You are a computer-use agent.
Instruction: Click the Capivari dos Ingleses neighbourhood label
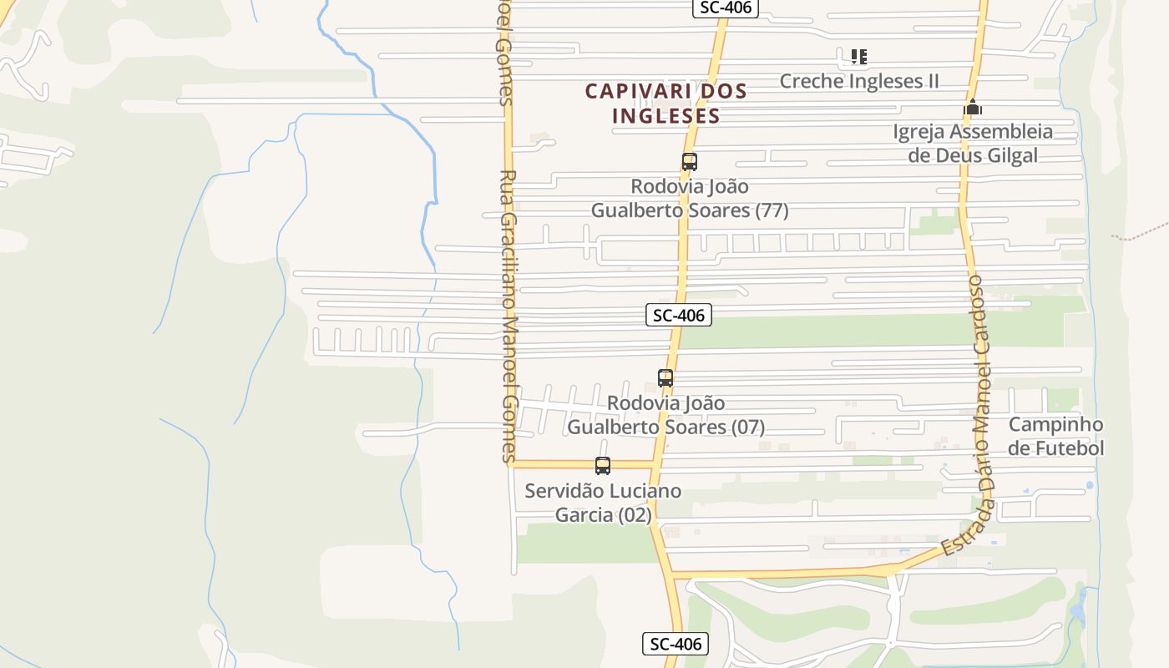click(x=665, y=103)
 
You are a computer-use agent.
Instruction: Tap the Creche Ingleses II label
click(x=859, y=81)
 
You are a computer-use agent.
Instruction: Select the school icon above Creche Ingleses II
click(x=858, y=57)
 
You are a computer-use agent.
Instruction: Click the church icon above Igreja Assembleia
click(x=972, y=108)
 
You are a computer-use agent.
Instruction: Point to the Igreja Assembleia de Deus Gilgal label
click(x=973, y=144)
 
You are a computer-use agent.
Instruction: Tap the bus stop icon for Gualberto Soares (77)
click(x=689, y=162)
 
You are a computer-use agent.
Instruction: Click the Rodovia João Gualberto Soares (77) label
click(x=690, y=198)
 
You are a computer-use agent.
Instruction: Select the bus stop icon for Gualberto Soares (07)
click(x=665, y=378)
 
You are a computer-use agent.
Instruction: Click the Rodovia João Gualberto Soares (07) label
click(x=665, y=415)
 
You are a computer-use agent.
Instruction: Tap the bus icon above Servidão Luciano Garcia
click(x=602, y=466)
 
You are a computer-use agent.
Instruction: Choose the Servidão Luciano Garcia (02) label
click(x=603, y=503)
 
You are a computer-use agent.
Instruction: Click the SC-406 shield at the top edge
click(x=725, y=8)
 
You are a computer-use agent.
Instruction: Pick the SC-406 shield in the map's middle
click(x=678, y=315)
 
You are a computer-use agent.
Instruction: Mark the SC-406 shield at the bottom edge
click(x=676, y=644)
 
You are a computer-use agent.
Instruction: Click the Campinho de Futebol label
click(x=1055, y=437)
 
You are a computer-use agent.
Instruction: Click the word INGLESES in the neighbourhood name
click(x=665, y=115)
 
